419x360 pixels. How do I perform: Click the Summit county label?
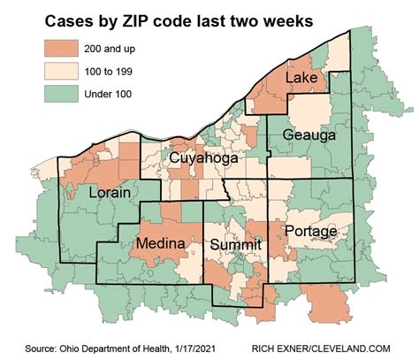point(234,244)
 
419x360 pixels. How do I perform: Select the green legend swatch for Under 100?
point(55,91)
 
